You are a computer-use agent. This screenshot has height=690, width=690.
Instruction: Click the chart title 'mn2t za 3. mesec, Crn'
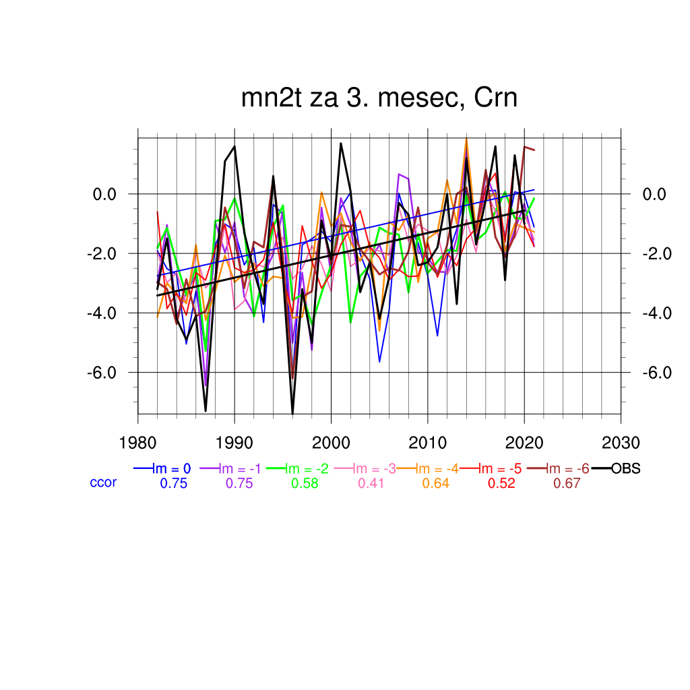click(379, 98)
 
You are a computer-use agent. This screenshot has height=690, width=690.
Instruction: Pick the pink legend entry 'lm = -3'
click(369, 469)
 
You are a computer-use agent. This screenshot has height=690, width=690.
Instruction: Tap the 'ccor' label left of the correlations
click(103, 482)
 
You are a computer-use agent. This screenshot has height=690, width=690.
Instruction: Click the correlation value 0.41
click(370, 483)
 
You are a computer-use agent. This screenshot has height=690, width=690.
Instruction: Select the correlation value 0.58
click(305, 483)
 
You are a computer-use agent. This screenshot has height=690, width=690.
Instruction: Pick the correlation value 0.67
click(566, 483)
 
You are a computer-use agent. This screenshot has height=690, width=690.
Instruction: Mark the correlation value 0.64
click(435, 483)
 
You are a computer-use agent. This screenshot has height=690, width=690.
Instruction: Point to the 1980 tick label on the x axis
click(138, 443)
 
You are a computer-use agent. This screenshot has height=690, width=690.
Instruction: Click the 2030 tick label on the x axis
click(621, 443)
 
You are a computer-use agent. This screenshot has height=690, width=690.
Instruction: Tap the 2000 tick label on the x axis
click(331, 443)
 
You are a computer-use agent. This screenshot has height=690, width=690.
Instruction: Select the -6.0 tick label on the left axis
click(112, 373)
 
